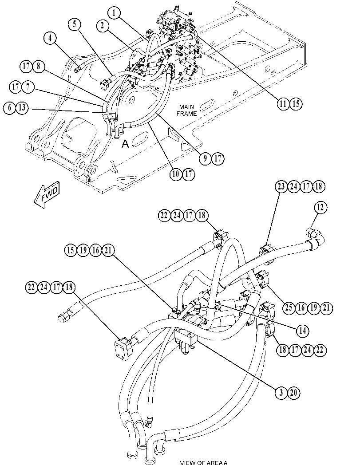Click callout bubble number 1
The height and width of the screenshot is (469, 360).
point(115,13)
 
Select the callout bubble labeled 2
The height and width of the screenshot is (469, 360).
point(103,26)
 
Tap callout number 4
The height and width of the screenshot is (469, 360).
point(50,38)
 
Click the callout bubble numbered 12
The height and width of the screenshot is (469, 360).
point(320,207)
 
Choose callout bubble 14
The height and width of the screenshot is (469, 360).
point(302,331)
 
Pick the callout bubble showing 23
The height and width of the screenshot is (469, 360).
point(281,186)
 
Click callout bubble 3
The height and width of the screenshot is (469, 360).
point(281,392)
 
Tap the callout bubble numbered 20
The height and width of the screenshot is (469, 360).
point(293,392)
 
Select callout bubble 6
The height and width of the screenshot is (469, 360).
point(10,108)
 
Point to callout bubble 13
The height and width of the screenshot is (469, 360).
point(22,108)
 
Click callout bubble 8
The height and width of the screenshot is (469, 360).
point(38,66)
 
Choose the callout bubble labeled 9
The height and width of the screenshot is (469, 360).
point(205,158)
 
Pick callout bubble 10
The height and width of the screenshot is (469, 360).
point(176,174)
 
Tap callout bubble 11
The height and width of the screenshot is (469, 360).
point(283,104)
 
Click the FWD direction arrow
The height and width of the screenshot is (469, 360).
point(47,195)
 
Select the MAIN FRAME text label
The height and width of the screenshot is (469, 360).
point(186,110)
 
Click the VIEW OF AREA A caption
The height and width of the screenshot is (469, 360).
point(204,463)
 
